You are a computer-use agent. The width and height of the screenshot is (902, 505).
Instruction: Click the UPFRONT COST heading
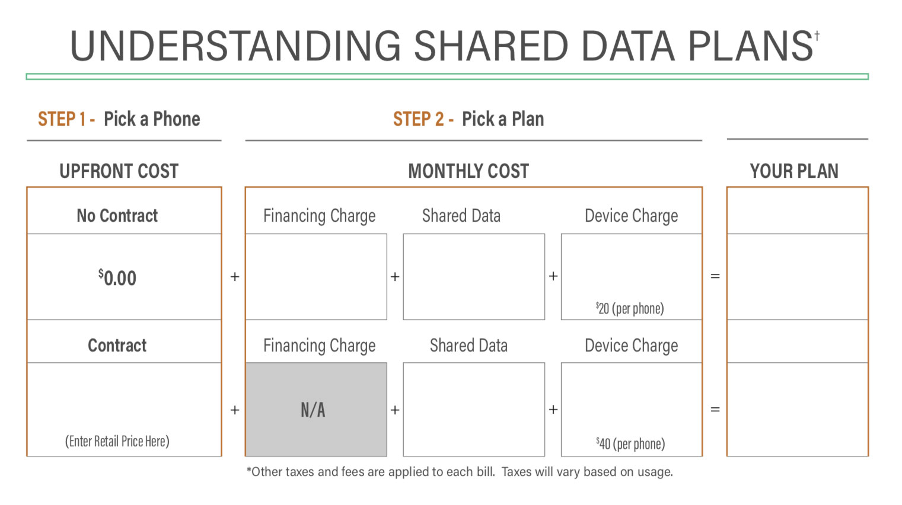tap(119, 171)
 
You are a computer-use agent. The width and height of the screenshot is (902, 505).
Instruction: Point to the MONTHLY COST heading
tap(468, 171)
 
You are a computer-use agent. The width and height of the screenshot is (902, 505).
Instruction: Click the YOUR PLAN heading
tap(793, 171)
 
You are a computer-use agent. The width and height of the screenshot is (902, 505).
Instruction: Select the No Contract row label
tap(117, 216)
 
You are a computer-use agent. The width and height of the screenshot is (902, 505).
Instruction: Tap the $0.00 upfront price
tap(117, 277)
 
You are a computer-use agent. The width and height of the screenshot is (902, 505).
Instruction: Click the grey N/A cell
tap(315, 410)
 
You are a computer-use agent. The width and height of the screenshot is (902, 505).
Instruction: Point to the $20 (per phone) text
tap(630, 308)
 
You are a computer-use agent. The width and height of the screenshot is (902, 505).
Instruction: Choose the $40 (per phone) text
tap(630, 443)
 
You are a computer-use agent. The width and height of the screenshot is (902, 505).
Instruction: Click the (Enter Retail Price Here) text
tap(117, 441)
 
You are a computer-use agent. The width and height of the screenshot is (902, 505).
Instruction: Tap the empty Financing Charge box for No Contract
tap(315, 277)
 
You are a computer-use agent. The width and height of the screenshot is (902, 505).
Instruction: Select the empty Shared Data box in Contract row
tap(473, 410)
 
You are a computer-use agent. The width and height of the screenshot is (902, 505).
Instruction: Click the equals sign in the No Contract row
tap(715, 276)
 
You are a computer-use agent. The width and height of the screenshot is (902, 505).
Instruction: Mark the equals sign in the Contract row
tap(715, 410)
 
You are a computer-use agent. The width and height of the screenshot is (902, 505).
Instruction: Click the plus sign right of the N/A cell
tap(395, 410)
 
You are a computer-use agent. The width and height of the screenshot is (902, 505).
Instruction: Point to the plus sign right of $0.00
tap(235, 277)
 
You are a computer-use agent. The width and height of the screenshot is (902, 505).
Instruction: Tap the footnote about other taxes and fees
tap(460, 472)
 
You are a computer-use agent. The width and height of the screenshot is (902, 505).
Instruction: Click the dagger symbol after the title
tap(817, 36)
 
